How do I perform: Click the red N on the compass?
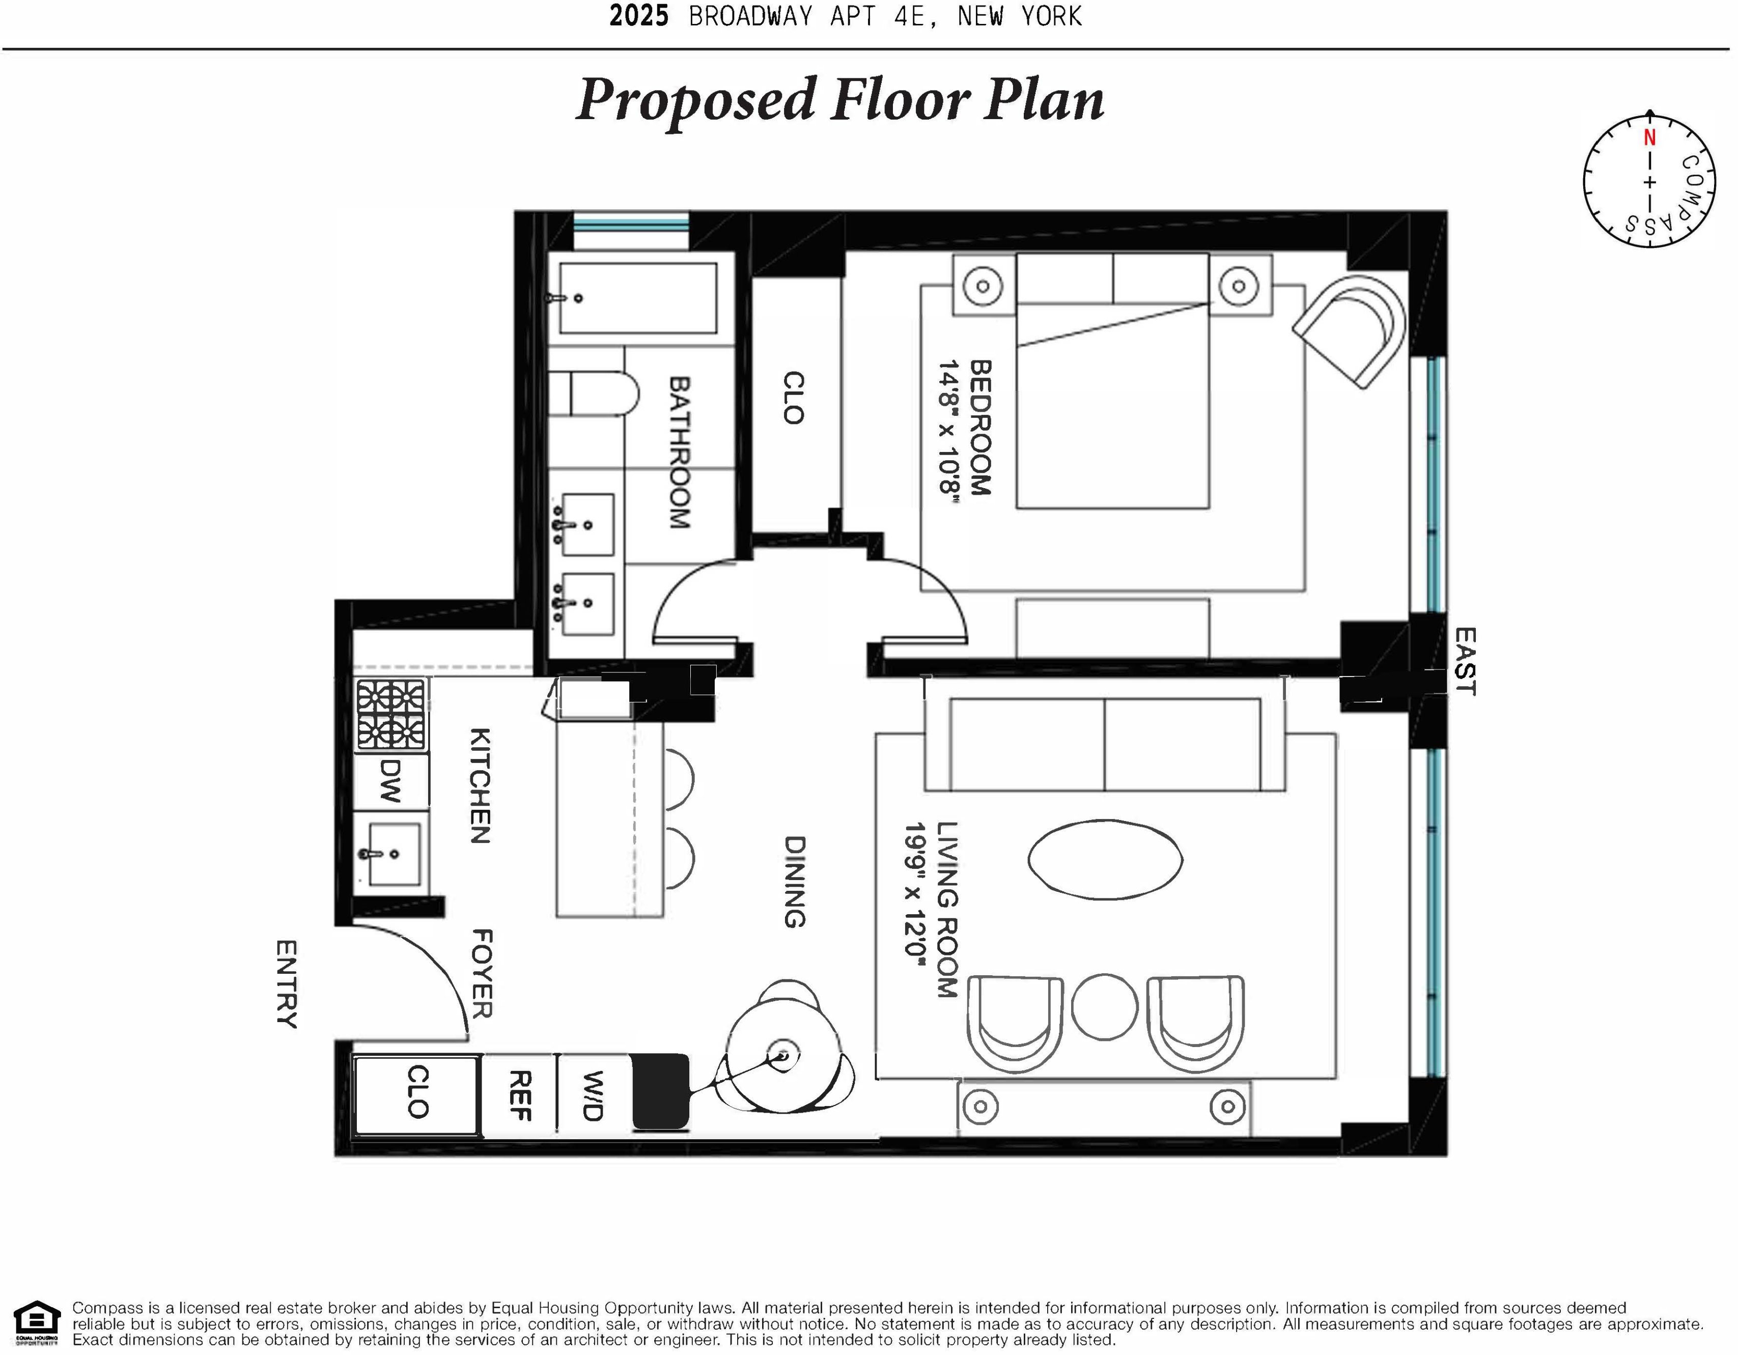coord(1649,137)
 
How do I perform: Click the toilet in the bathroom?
coord(602,393)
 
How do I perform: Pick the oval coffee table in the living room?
coord(1105,859)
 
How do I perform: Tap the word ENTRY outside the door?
coord(287,984)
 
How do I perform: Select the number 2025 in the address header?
coord(639,16)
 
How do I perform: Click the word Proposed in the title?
coord(696,100)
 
